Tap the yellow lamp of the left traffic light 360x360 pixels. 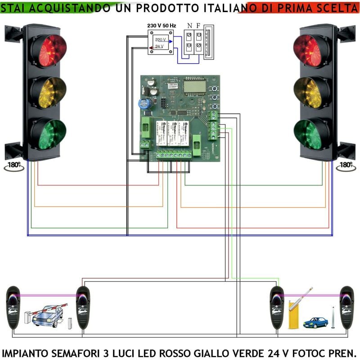(49, 92)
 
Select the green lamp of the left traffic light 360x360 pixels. (49, 134)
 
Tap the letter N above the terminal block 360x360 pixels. (189, 26)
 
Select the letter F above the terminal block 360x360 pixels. (198, 26)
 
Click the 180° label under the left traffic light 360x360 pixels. (14, 165)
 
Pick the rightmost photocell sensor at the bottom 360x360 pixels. (347, 307)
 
